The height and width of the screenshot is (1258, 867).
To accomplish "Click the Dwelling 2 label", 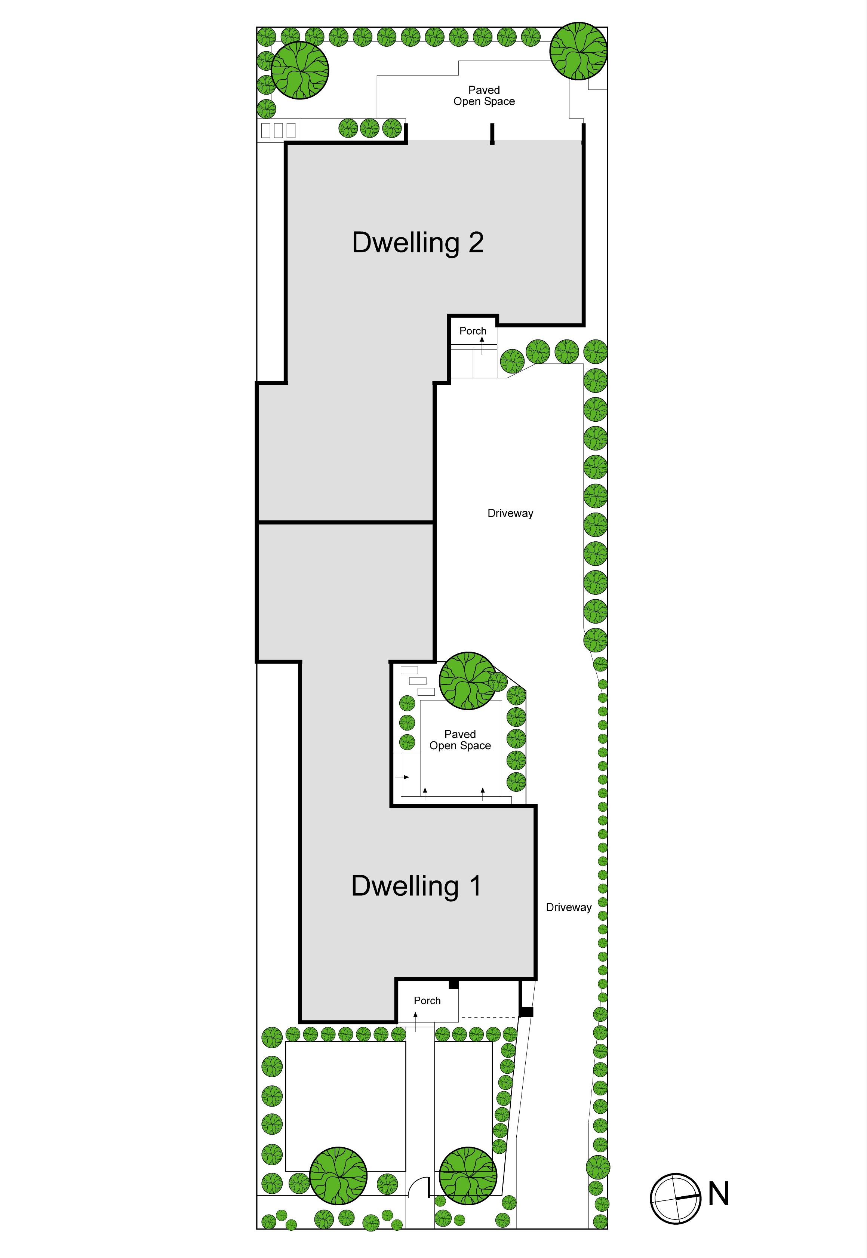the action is point(418,243).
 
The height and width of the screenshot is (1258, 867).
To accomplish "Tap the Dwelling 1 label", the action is point(416,886).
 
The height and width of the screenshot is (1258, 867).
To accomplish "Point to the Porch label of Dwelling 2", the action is point(473,331).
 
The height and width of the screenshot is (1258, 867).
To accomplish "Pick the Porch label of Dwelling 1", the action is point(427,1000).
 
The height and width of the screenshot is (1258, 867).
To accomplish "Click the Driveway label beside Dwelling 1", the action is point(569,908).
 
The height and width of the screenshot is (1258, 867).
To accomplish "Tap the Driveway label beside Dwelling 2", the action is point(510,513).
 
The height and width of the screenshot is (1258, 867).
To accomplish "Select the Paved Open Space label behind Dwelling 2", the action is point(484,96).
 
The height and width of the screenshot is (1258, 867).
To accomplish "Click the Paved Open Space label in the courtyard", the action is point(460,740).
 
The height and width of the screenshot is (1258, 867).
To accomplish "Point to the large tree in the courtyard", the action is point(468,681).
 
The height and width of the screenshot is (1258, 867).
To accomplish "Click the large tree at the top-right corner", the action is point(578,51).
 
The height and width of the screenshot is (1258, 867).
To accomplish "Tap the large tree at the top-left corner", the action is point(300,70).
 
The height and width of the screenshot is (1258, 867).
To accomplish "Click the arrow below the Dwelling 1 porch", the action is point(416,1021).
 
